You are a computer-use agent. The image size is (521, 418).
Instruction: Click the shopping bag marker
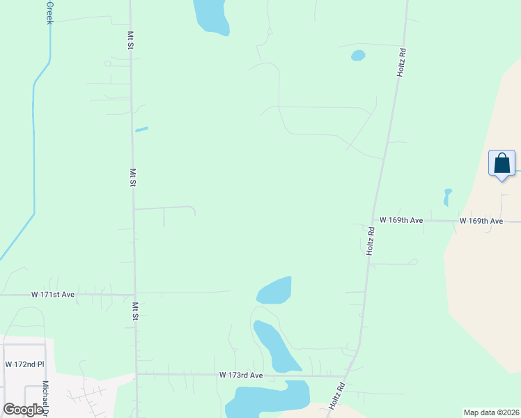point(501,164)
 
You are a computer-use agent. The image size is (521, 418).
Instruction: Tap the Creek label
point(49,13)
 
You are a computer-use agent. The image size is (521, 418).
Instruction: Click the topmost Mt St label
point(130,40)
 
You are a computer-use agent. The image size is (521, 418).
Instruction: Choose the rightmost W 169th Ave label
point(481,221)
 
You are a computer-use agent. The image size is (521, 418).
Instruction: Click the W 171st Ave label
point(53,295)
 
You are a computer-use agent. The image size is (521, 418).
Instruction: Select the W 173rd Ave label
point(241,375)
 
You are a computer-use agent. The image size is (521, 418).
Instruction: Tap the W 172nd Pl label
point(24,364)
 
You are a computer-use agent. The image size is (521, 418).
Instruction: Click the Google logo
point(23,410)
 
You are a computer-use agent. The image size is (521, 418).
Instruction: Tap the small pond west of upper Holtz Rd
point(358,55)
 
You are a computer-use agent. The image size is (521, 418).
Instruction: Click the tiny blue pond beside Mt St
point(141,129)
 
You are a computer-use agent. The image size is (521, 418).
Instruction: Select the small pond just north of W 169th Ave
point(447,197)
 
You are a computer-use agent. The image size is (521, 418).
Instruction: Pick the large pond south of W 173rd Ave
point(268,399)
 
